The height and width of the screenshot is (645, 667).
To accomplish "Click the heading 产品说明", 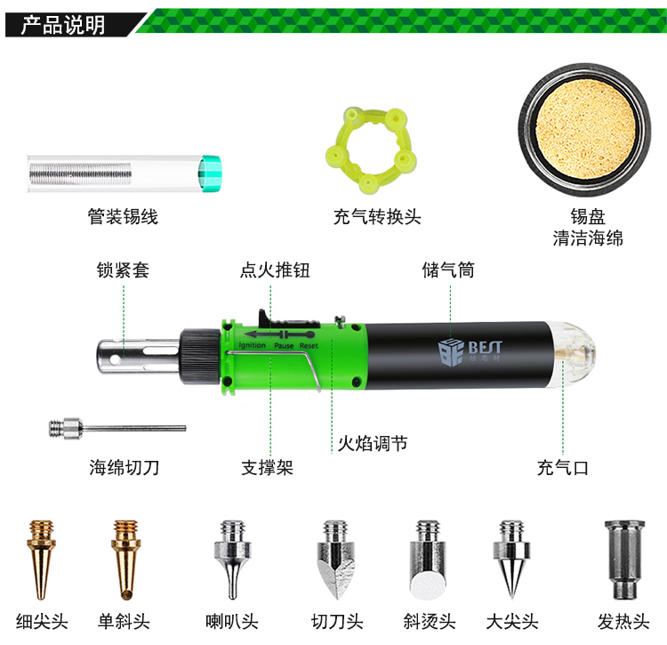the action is (x=63, y=25).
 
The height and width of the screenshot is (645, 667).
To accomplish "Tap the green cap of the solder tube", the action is (x=210, y=173).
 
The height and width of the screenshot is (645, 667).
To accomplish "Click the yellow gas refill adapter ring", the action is (x=371, y=150).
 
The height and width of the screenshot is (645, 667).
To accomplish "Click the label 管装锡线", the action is (x=123, y=216).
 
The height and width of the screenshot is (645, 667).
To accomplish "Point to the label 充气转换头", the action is (x=377, y=216).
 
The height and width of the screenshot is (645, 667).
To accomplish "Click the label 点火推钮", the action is (x=275, y=270).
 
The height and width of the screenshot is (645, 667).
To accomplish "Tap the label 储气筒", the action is (x=448, y=270).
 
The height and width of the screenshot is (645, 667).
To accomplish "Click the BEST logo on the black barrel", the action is (x=470, y=351).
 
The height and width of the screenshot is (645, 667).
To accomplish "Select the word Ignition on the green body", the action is (x=253, y=345).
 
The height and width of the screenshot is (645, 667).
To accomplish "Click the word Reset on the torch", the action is (x=309, y=346).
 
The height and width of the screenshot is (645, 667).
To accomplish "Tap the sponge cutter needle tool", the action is (x=117, y=428).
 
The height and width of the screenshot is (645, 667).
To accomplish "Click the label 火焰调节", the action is (x=373, y=444).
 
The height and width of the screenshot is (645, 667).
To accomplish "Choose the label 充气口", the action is (x=563, y=468).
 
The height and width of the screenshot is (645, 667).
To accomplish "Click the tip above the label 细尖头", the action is (x=41, y=559).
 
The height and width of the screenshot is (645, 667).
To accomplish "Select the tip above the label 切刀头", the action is (x=336, y=559).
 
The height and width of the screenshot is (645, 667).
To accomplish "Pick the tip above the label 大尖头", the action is (x=511, y=559).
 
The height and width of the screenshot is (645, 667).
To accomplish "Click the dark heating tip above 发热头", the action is (x=624, y=559).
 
